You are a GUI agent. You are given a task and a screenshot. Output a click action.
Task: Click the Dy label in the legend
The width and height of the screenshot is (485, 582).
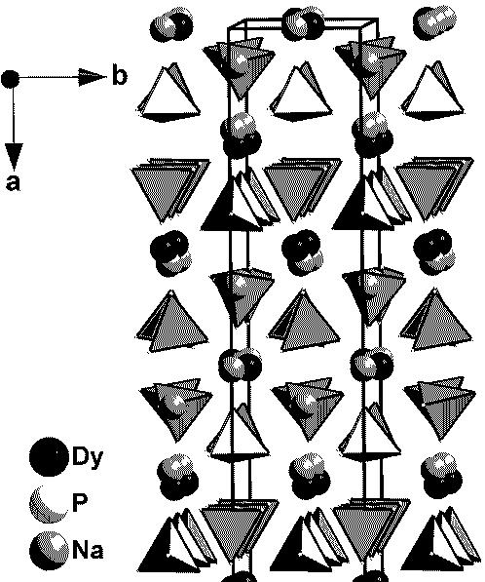(88, 456)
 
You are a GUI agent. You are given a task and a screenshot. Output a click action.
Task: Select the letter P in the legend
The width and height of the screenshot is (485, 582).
(80, 503)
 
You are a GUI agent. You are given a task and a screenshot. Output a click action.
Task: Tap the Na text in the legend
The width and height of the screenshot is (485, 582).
(88, 549)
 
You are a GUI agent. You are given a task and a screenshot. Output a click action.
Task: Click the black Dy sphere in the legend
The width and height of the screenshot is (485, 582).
(49, 456)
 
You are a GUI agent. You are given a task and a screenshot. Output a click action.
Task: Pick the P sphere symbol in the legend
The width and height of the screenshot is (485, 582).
(49, 504)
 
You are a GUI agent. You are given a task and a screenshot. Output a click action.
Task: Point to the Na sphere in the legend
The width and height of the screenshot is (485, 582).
(49, 551)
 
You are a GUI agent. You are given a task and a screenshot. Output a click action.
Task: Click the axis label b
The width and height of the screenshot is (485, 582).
(120, 76)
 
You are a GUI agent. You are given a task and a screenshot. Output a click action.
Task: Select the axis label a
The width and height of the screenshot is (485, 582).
(14, 182)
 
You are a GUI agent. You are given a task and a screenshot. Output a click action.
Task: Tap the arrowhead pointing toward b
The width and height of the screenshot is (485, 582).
(93, 77)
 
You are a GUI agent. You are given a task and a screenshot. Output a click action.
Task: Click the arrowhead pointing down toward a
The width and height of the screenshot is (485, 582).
(14, 157)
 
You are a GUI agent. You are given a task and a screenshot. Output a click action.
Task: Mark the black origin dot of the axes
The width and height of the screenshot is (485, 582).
(10, 79)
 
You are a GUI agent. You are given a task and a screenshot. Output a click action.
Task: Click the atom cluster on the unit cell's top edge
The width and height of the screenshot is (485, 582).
(303, 23)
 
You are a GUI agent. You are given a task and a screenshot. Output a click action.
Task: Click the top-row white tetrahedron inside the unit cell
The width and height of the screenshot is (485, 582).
(301, 92)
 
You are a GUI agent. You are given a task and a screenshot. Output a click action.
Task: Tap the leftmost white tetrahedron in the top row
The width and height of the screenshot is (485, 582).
(169, 93)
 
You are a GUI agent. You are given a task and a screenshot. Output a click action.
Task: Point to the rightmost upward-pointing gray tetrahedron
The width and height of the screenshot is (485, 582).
(436, 321)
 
